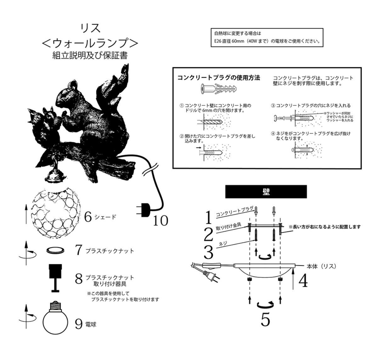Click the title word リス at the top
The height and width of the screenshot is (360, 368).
coord(91,28)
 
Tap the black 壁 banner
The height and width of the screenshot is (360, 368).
coord(266,192)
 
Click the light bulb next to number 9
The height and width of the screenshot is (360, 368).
coord(55,319)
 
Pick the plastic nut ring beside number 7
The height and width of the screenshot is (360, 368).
coord(55,250)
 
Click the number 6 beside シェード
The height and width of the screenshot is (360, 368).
coord(88,217)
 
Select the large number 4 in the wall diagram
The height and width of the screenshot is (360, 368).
coord(303,281)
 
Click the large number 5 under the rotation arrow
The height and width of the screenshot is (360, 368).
coord(265,320)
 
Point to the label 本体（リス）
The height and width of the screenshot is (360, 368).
coord(321,266)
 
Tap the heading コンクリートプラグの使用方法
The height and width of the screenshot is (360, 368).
coord(219,77)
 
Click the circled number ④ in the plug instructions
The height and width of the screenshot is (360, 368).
coord(274,133)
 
